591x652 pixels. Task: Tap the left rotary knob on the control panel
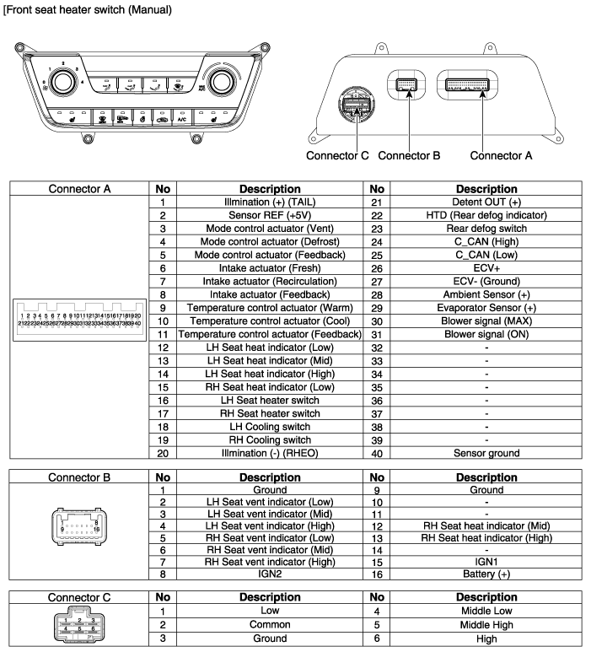click(x=61, y=82)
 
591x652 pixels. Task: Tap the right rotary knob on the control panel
click(x=221, y=82)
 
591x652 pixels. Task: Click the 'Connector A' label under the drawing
click(x=502, y=156)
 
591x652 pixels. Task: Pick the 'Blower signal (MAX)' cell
click(x=486, y=321)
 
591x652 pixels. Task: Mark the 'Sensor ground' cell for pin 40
click(x=486, y=454)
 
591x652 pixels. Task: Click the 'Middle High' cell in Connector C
click(x=486, y=625)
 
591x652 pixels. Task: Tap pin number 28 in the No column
click(x=377, y=295)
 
